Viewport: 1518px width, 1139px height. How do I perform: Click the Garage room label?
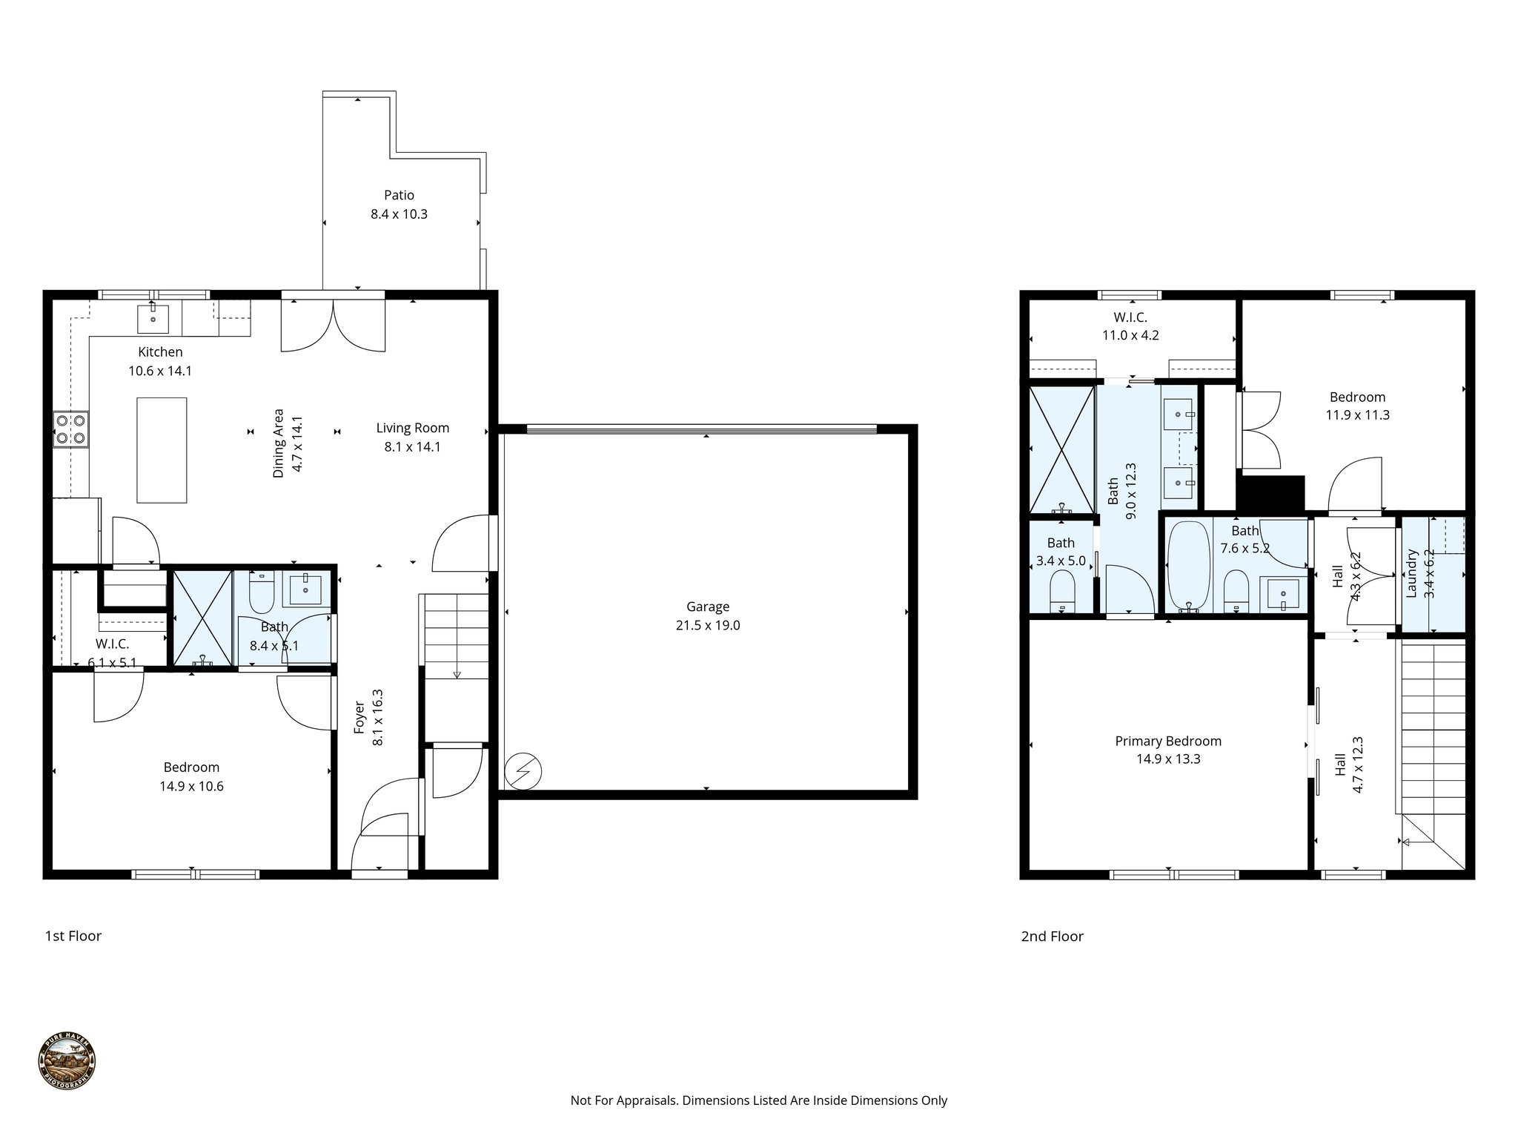click(x=707, y=607)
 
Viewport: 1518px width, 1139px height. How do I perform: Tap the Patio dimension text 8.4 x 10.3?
click(x=399, y=214)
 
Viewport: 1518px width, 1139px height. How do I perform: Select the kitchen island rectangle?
click(x=162, y=450)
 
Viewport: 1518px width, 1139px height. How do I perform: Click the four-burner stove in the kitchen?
click(x=70, y=429)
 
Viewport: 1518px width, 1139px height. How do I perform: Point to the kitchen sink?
click(x=153, y=320)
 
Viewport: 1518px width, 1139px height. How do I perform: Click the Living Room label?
click(x=412, y=428)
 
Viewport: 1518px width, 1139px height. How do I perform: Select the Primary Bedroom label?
click(x=1167, y=741)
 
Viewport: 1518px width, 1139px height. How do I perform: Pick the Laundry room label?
click(x=1411, y=573)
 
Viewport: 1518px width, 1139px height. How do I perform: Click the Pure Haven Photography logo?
click(x=67, y=1061)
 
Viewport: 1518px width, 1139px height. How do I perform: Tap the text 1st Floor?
click(x=73, y=936)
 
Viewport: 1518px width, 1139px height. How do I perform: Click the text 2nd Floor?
click(x=1052, y=937)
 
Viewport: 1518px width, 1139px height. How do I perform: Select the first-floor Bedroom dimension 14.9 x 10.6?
click(x=191, y=786)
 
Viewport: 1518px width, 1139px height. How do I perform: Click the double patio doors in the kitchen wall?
click(x=333, y=325)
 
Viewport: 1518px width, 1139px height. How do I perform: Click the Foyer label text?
click(x=359, y=717)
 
